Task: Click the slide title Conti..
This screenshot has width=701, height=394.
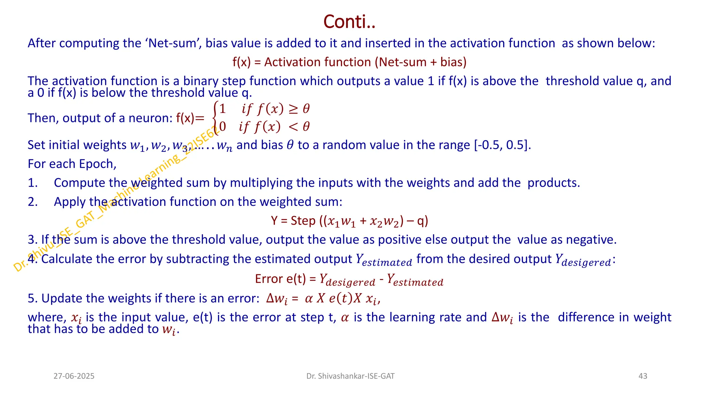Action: click(349, 22)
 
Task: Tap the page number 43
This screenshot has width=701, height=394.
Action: click(643, 376)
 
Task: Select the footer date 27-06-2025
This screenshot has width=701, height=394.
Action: click(74, 376)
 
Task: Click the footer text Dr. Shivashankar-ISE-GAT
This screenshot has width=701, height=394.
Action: click(350, 376)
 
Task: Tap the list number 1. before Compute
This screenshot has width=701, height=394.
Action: click(33, 183)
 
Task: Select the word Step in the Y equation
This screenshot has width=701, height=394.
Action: click(303, 221)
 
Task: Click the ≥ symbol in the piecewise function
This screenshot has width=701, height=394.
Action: click(293, 109)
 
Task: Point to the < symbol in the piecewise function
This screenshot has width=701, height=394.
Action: click(293, 127)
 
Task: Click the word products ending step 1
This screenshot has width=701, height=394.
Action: click(553, 183)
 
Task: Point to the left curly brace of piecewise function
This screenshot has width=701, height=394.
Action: click(215, 118)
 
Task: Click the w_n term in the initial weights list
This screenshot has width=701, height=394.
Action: click(225, 146)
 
